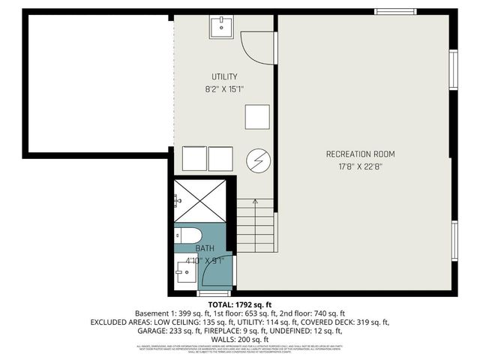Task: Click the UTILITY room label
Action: pos(224,76)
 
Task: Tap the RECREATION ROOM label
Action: pos(360,154)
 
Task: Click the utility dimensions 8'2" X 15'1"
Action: pos(224,88)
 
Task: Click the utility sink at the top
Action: pos(222,27)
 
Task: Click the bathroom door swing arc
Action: pos(217,271)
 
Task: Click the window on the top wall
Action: pos(396,11)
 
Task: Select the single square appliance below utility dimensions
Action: pos(257,116)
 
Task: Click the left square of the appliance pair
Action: pos(194,159)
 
